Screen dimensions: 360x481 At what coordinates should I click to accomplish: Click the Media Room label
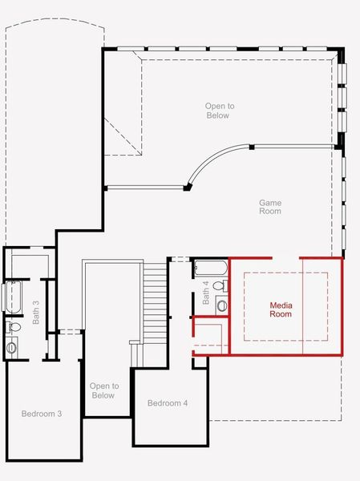click(x=281, y=309)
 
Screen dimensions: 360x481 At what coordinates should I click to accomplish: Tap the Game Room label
click(x=270, y=207)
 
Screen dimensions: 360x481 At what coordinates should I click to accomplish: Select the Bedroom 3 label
click(x=42, y=414)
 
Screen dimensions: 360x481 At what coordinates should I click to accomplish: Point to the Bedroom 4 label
click(x=168, y=402)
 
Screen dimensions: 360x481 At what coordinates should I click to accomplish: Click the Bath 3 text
click(x=36, y=313)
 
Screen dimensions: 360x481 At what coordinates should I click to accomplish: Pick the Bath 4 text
click(x=205, y=293)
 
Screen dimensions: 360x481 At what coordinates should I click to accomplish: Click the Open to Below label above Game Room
click(x=219, y=111)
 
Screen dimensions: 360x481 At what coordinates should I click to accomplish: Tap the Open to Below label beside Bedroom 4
click(x=103, y=390)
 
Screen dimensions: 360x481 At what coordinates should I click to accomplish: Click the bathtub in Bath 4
click(x=211, y=268)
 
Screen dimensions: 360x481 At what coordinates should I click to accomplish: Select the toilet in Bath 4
click(x=220, y=285)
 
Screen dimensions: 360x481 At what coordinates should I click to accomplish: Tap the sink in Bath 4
click(x=221, y=305)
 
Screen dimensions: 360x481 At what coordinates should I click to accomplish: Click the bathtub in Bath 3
click(x=13, y=297)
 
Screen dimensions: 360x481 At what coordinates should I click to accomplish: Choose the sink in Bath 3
click(x=11, y=347)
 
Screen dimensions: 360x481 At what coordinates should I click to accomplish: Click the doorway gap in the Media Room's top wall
click(x=285, y=258)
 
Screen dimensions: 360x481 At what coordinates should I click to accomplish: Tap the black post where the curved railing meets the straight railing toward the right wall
click(x=252, y=147)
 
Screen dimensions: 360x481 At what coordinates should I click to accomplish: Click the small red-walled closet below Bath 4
click(x=210, y=336)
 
